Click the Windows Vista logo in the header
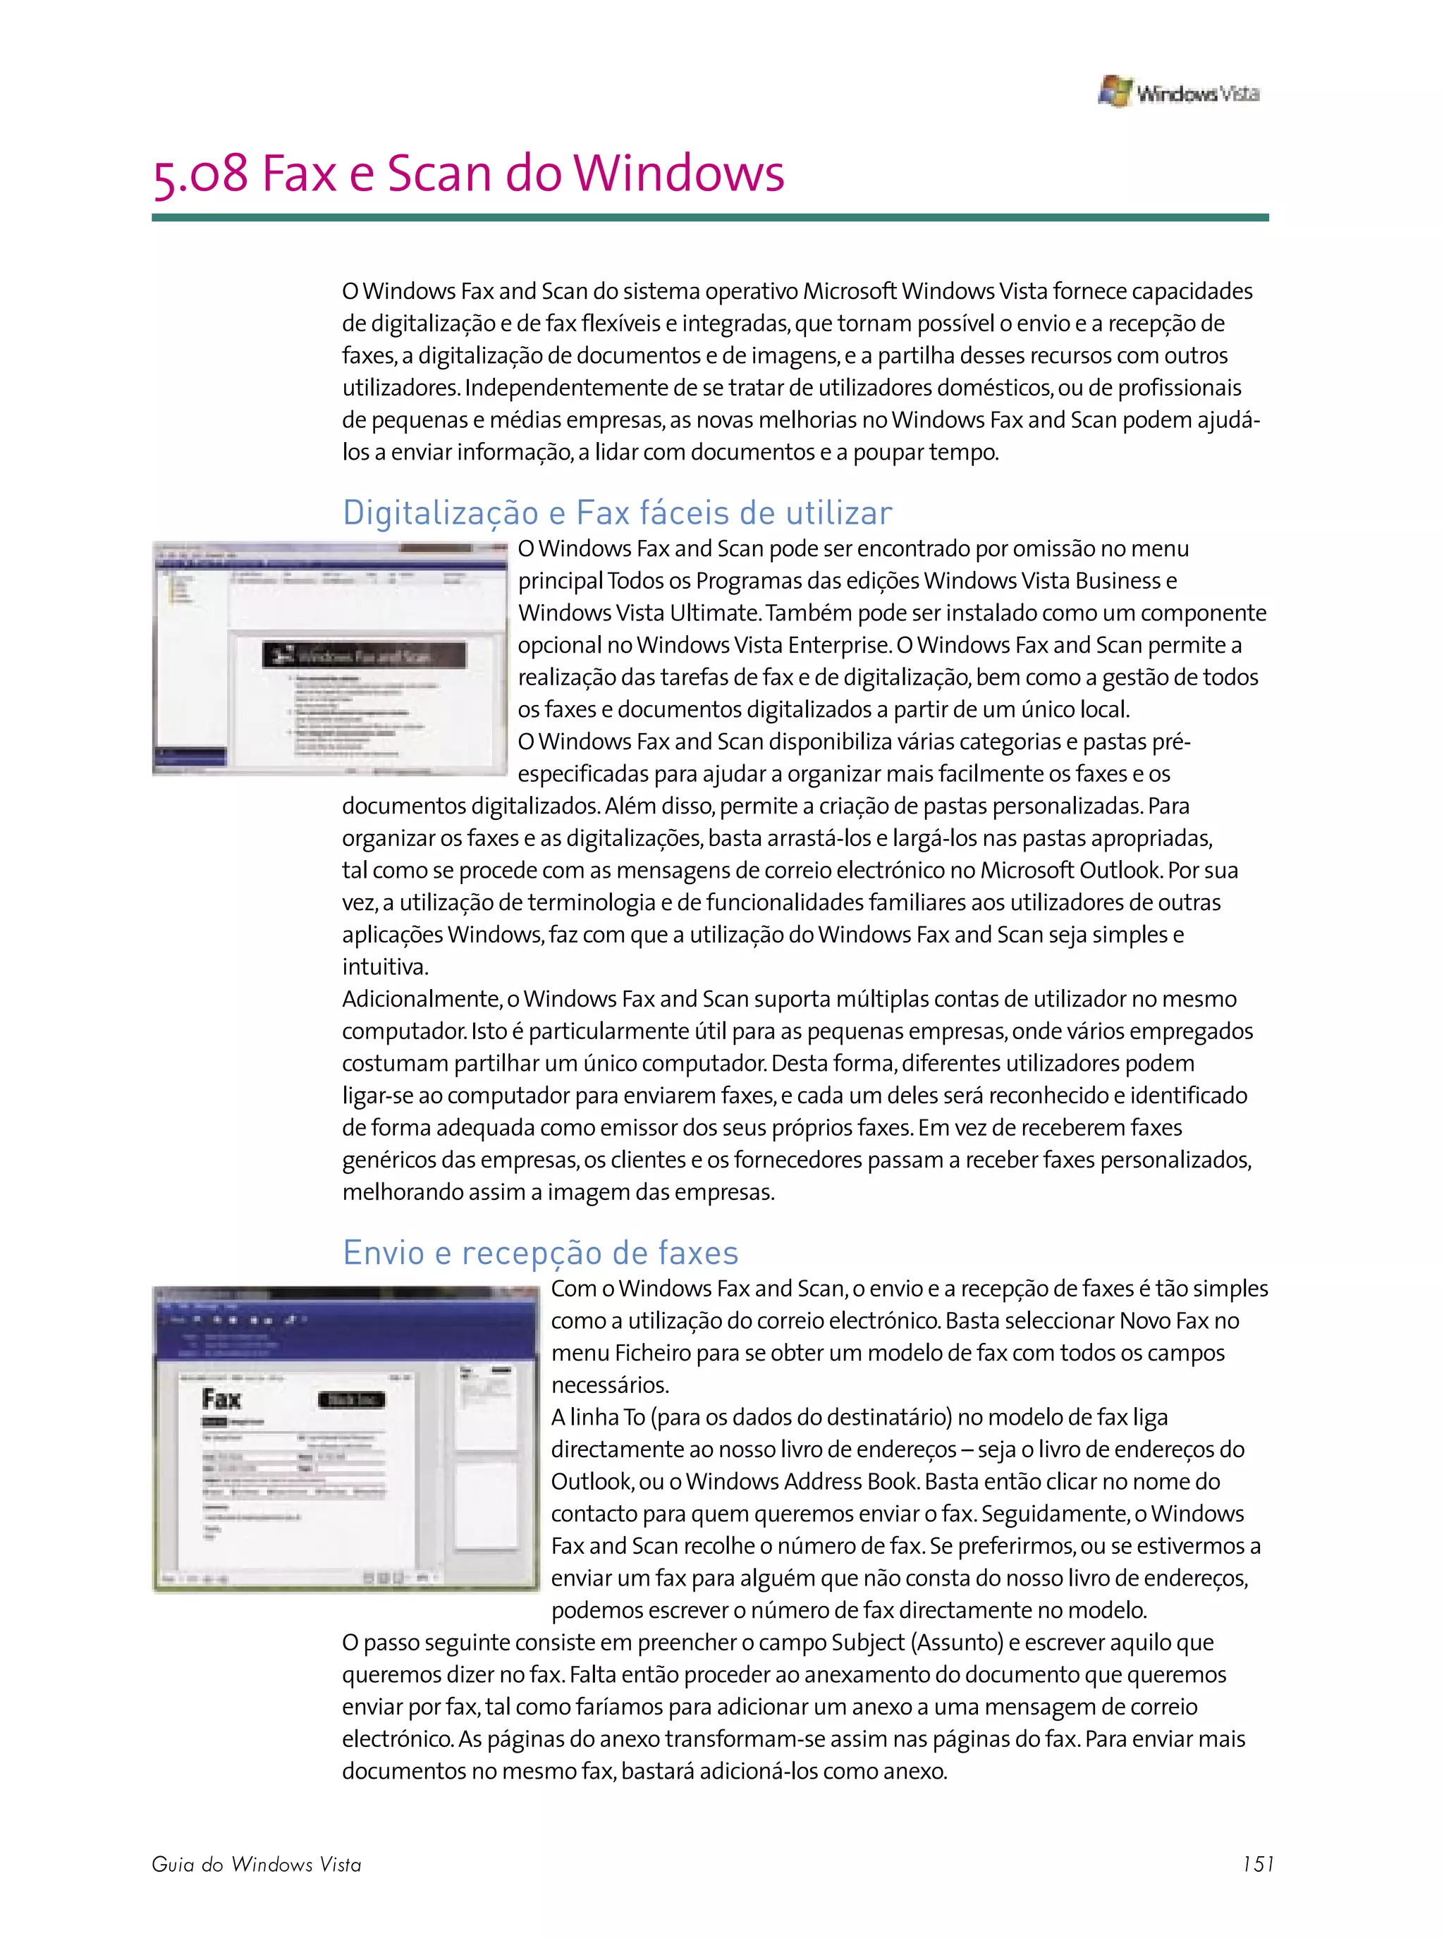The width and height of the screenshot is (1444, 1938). [x=1177, y=92]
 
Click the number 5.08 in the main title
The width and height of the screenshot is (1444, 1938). [x=200, y=174]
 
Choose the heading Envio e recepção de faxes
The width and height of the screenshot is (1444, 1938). [x=540, y=1252]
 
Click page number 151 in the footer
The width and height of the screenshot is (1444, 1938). [x=1258, y=1864]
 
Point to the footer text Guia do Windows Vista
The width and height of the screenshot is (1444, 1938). [x=256, y=1865]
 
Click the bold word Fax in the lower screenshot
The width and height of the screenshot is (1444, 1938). [x=221, y=1399]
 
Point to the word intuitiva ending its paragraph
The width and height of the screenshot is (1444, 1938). [x=384, y=967]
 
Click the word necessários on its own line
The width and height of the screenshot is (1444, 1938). [x=609, y=1385]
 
